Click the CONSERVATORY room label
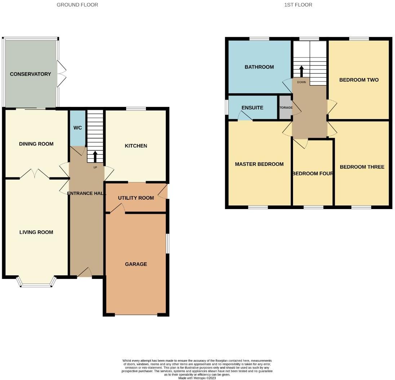(30, 74)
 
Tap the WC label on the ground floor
(77, 128)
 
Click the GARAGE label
(136, 264)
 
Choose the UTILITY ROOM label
(136, 198)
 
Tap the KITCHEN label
(136, 146)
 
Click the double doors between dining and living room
(35, 174)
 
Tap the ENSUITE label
(252, 108)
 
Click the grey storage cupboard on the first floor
(285, 107)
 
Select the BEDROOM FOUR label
(312, 173)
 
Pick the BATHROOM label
(259, 67)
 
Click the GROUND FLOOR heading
(77, 5)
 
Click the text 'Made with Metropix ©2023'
(197, 378)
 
